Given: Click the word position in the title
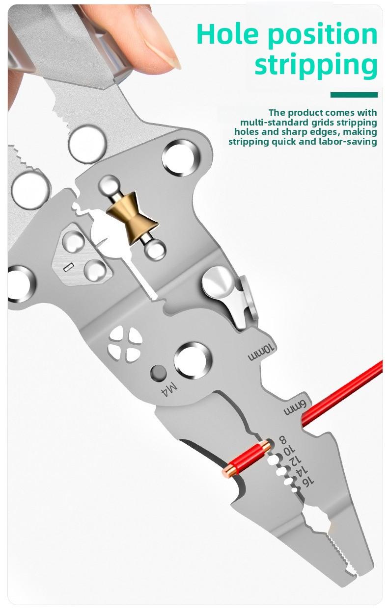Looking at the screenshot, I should [x=326, y=34].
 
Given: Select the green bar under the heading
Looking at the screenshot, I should [x=354, y=95].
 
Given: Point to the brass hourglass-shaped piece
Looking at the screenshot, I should [x=132, y=225].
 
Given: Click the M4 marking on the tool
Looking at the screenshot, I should [x=168, y=390].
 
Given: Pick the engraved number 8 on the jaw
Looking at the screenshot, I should [x=282, y=439].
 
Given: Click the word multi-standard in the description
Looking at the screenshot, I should [x=275, y=123].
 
